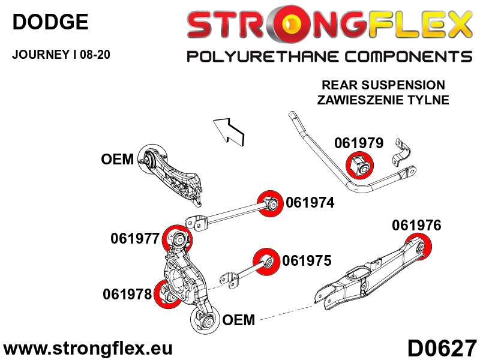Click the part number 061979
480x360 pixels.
click(x=359, y=143)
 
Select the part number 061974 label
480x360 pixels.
click(x=310, y=203)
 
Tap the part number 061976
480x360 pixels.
click(x=416, y=226)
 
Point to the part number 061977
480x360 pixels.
click(x=135, y=239)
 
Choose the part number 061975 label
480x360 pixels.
click(x=307, y=261)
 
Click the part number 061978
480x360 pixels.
click(x=127, y=295)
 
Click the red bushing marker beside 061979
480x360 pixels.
click(x=359, y=166)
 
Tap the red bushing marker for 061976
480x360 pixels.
click(x=418, y=247)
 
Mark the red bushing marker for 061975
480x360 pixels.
click(x=266, y=262)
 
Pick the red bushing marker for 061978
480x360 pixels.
click(x=167, y=294)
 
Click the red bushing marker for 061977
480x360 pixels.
click(x=176, y=239)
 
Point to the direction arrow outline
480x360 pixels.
click(x=229, y=131)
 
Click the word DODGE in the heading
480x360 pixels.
click(x=50, y=22)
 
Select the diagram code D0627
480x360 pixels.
click(x=442, y=349)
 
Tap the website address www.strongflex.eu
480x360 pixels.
click(x=88, y=349)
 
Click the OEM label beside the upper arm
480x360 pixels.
click(x=117, y=160)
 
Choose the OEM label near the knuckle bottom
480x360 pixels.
click(x=238, y=320)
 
